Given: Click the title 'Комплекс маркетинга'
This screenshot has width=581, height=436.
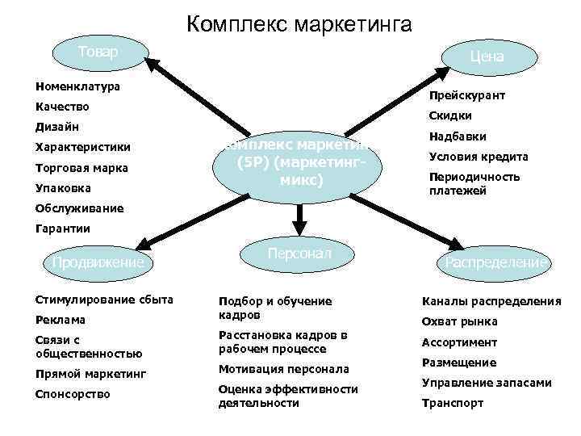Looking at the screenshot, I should pos(299,24).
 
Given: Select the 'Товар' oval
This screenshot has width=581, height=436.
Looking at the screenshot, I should pos(98,53).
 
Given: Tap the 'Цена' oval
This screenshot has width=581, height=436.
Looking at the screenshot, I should pos(487,57).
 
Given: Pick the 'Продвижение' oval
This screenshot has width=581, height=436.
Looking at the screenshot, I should pos(98,262).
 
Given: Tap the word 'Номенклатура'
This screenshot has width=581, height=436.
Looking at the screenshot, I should pos(77,86).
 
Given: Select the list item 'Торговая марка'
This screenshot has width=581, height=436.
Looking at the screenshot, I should pos(82,168).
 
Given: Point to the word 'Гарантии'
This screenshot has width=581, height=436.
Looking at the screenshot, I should pos(63,228).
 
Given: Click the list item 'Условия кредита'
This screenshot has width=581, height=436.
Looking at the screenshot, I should pos(479,157).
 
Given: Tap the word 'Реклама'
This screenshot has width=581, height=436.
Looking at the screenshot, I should pos(61,321).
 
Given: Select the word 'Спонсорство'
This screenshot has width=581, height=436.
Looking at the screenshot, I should pos(73,394).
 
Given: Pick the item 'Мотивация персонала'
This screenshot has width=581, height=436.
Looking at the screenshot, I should pos(284,369).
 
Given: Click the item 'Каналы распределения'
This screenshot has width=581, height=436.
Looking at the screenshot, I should pos(491,301).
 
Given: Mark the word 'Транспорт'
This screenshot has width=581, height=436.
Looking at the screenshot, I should pos(453,403).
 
